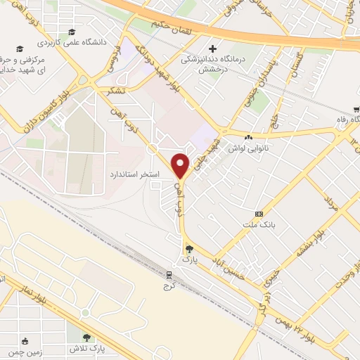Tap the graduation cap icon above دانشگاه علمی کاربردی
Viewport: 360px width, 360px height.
click(x=72, y=32)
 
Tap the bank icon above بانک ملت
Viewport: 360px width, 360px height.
click(x=259, y=213)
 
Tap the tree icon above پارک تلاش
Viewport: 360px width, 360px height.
click(x=87, y=337)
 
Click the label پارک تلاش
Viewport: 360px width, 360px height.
click(x=87, y=348)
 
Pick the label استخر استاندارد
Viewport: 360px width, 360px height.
click(x=135, y=173)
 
